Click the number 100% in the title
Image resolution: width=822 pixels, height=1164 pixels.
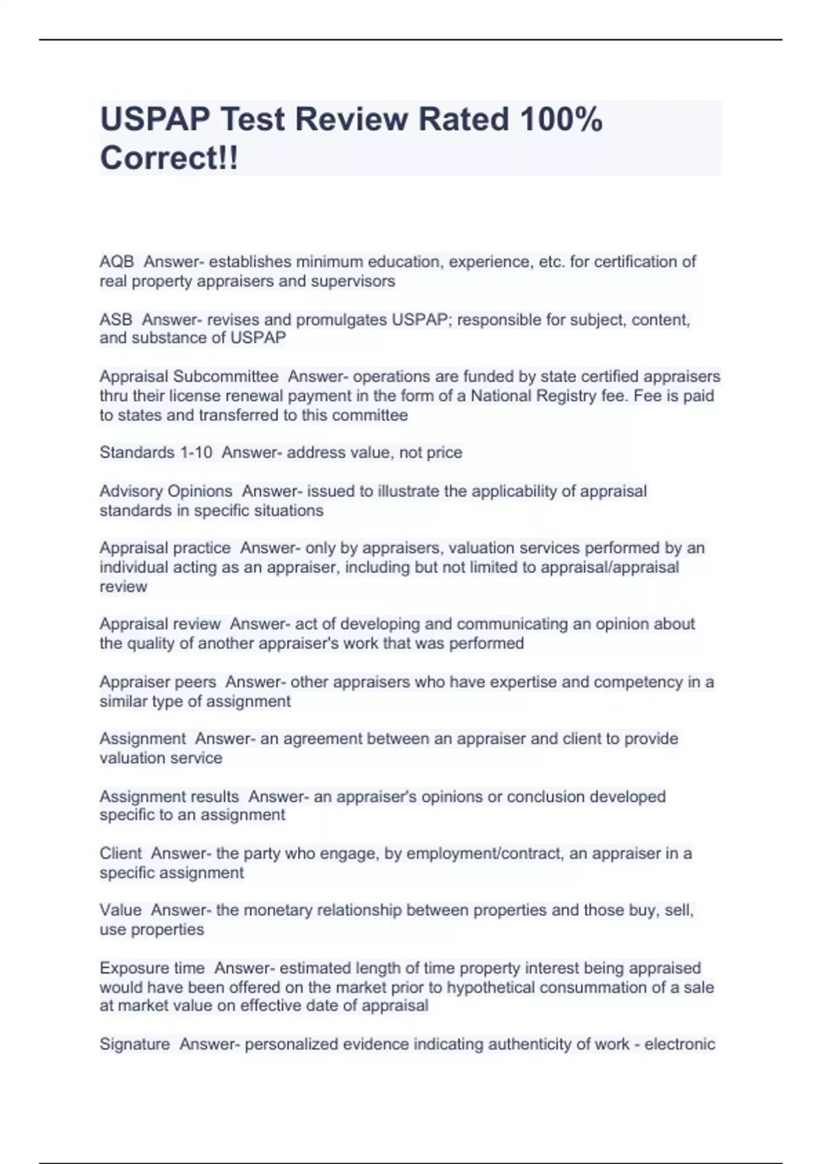(561, 120)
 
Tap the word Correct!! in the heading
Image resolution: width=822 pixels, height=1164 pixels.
(169, 158)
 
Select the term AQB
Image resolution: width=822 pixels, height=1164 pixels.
(116, 262)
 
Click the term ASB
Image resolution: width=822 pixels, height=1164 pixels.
(116, 320)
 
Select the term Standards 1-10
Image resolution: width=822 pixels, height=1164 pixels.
(155, 453)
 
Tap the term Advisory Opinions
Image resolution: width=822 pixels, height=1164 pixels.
(166, 492)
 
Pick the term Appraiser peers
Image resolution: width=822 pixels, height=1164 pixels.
(158, 682)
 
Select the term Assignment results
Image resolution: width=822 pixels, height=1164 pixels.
(169, 797)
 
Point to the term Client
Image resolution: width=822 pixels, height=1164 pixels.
(121, 854)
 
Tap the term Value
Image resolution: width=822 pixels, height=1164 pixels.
(121, 911)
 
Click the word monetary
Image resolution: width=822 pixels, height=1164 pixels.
(277, 911)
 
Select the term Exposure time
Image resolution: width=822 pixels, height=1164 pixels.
(152, 968)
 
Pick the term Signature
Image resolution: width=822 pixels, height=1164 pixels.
(135, 1044)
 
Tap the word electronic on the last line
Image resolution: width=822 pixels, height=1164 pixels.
(680, 1044)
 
